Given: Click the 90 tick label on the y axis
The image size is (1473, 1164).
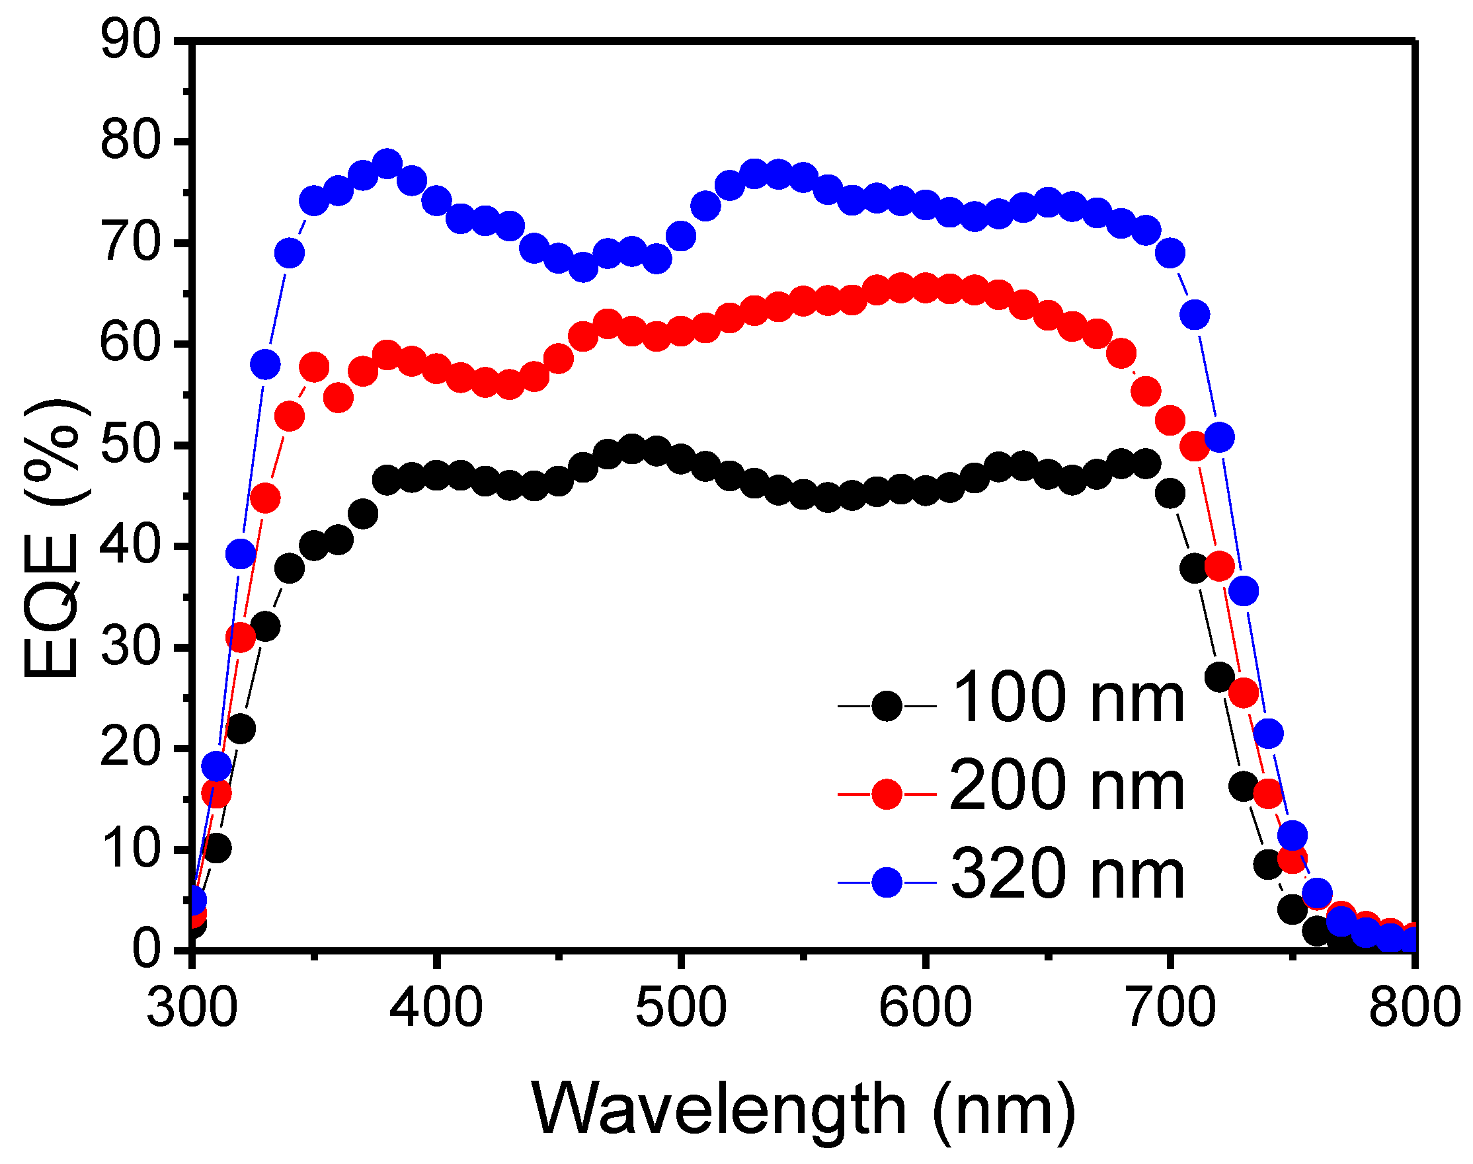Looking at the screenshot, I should coord(131,41).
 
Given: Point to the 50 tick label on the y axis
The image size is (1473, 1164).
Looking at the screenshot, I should coord(131,445).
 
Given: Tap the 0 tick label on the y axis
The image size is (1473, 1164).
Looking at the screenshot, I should coord(146,950).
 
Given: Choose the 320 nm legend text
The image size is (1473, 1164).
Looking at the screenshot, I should coord(1068,874).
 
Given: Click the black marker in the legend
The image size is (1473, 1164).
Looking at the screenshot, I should coord(887,706).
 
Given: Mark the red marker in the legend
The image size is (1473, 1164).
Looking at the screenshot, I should coord(887,795).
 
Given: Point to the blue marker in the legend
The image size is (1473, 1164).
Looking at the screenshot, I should coord(887,882).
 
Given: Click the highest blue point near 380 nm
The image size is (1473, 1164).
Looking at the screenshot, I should coord(387,164).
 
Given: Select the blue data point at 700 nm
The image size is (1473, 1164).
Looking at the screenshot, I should coord(1170,253).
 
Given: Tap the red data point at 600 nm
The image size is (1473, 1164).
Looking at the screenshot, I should coord(925,288).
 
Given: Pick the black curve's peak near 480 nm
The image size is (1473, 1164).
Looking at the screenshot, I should coord(632,449).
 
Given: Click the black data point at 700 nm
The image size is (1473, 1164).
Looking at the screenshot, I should coord(1170,492).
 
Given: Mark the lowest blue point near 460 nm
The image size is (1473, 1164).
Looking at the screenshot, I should coord(583,268).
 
